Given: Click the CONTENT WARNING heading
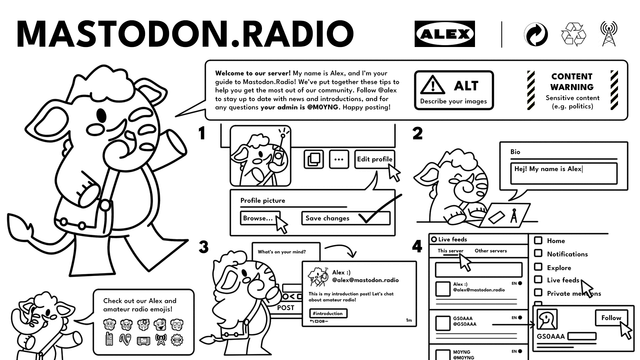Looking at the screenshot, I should pos(571,82).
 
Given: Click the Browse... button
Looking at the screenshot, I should pos(257,218).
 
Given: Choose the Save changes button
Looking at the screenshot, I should pos(327,218).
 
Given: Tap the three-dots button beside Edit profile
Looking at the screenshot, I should pos(338,159).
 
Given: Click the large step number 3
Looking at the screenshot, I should pos(203,246).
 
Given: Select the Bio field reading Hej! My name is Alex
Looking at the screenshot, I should pos(563,169).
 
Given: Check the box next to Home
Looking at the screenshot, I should pos(537,241).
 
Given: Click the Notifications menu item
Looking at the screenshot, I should pos(567,254).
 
